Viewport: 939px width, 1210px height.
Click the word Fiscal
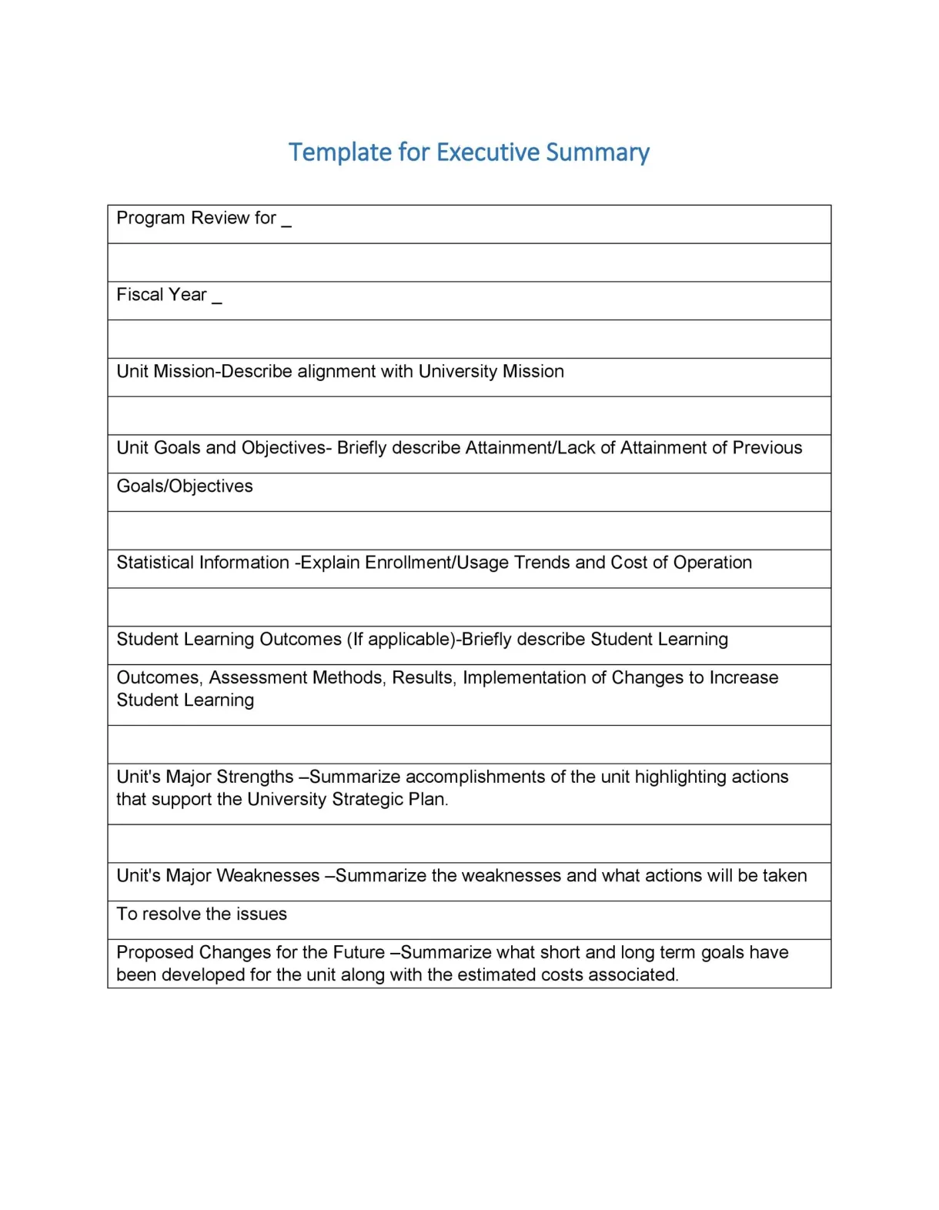[139, 295]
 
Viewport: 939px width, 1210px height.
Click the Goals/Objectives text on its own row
[185, 486]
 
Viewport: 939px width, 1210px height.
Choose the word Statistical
[153, 563]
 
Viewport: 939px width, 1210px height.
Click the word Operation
[713, 563]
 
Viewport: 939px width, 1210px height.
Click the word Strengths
[252, 777]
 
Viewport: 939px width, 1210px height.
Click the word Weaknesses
[268, 876]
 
